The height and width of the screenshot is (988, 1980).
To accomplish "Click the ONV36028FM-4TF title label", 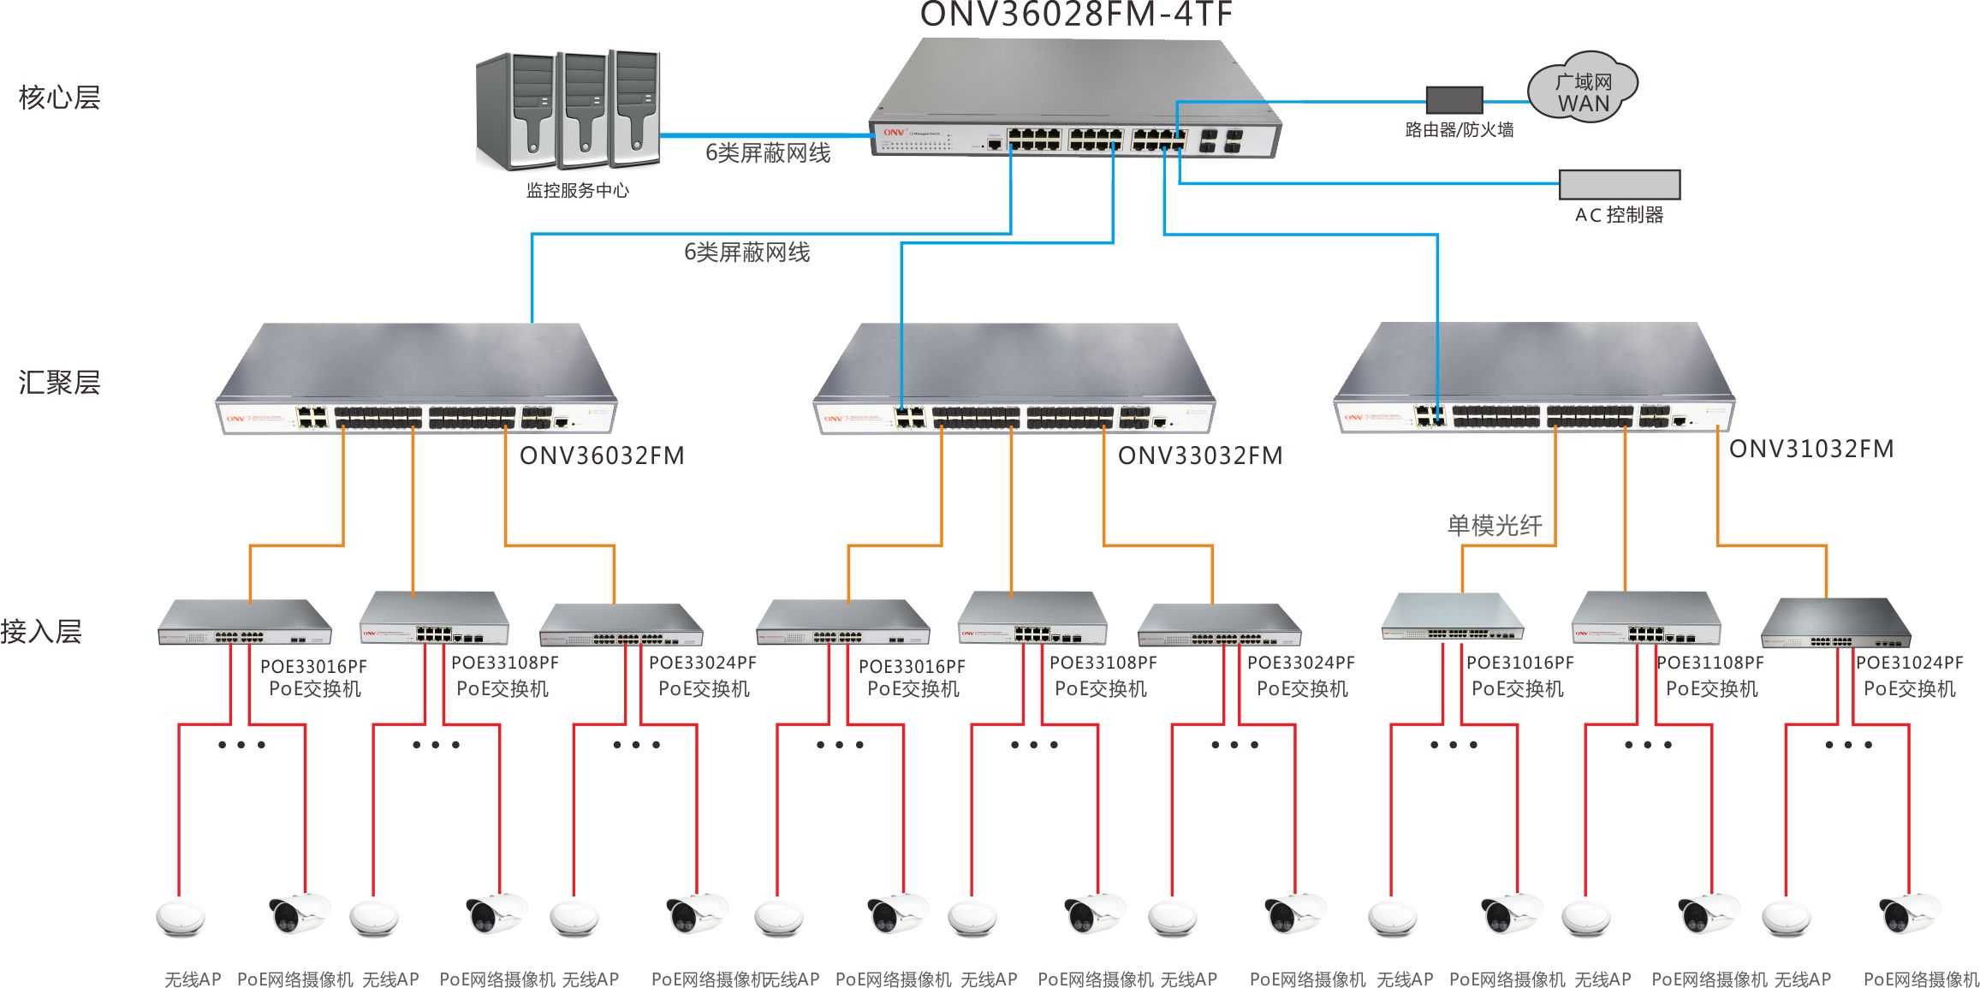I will (1076, 14).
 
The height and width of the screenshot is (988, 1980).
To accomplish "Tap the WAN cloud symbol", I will (1583, 88).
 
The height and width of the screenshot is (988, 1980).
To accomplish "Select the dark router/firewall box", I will (1454, 100).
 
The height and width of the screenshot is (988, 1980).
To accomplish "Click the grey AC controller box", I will (1619, 184).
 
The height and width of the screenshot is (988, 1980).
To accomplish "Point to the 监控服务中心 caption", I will (577, 190).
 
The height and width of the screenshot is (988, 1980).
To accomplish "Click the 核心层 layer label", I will (59, 98).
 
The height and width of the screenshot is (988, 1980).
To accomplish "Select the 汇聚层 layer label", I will (59, 382).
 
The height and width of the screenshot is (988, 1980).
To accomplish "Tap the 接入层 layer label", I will (41, 632).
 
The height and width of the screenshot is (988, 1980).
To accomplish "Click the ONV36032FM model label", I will (602, 455).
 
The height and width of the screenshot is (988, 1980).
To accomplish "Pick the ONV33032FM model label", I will (1200, 455).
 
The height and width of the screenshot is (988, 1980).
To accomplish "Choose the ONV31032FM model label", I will (1811, 449).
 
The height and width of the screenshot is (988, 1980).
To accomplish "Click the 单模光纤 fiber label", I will (1495, 525).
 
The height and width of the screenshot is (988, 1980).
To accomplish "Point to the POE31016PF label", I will (1519, 663).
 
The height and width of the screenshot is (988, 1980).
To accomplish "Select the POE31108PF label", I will (1710, 663).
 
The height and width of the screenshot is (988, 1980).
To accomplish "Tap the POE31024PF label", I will (1909, 663).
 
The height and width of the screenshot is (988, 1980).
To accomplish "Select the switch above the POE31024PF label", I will (1834, 624).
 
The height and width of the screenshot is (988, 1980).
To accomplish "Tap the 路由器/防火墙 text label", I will (1460, 130).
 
